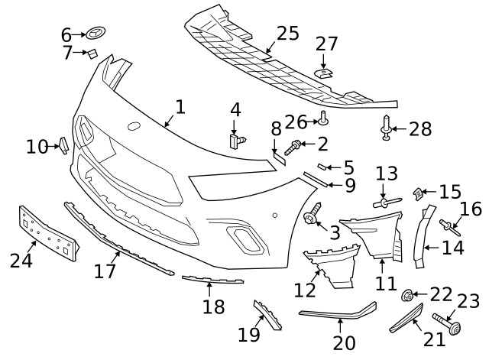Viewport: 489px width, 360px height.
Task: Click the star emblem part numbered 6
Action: (96, 33)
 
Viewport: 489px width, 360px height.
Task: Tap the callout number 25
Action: (288, 33)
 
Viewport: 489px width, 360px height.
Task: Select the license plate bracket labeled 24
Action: (49, 232)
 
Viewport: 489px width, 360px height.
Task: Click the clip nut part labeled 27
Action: (323, 74)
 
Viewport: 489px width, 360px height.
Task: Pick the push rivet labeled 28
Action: (386, 128)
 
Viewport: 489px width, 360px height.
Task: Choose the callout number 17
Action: (105, 271)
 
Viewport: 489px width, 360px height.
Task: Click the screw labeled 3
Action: (313, 214)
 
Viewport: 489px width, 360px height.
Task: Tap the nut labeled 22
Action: (407, 295)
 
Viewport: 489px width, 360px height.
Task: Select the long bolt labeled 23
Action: (447, 324)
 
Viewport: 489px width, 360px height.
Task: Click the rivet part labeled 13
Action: (387, 203)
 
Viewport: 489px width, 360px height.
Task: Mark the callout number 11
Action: (386, 284)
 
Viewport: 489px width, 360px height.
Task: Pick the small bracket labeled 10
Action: (63, 146)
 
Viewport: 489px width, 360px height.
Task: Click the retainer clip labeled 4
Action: (238, 141)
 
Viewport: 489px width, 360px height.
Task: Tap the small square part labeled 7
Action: (92, 54)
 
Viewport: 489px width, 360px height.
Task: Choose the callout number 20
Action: (344, 342)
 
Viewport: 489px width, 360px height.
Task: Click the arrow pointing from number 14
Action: (433, 248)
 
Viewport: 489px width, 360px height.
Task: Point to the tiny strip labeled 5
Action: (322, 167)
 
